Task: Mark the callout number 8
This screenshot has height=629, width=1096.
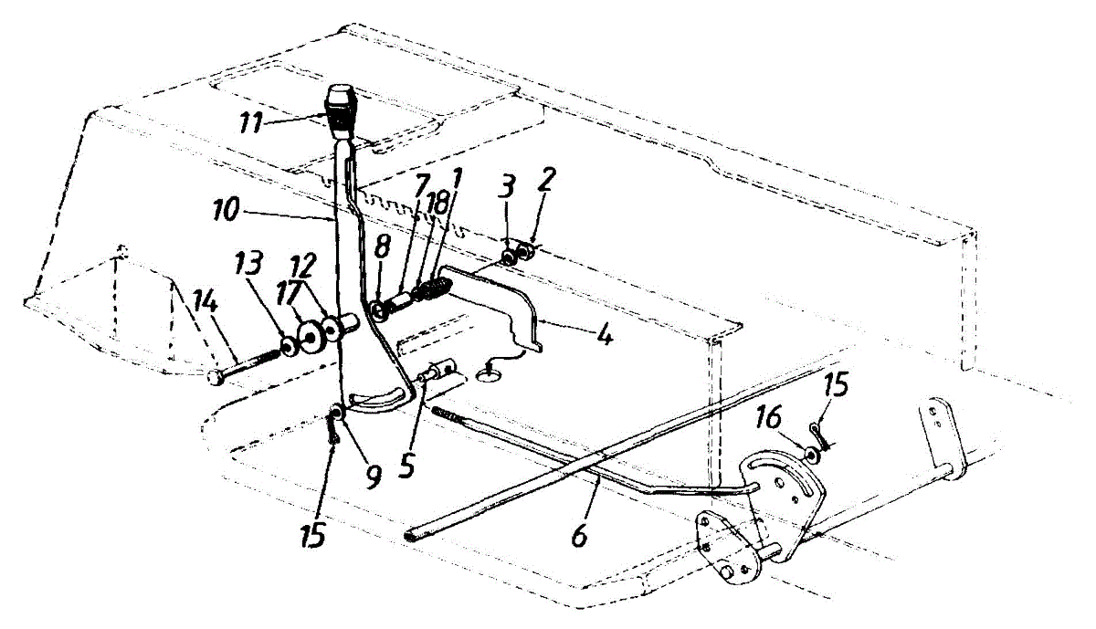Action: coord(383,245)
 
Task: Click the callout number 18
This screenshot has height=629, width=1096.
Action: coord(438,204)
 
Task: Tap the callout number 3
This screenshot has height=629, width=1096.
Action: coord(508,188)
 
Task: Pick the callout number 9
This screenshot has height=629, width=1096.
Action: coord(373,475)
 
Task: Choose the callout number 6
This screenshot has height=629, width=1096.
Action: coord(578,537)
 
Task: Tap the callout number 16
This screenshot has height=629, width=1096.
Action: coord(767,419)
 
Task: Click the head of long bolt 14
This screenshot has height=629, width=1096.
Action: coord(216,376)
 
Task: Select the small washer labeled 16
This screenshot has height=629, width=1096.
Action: coord(809,452)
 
